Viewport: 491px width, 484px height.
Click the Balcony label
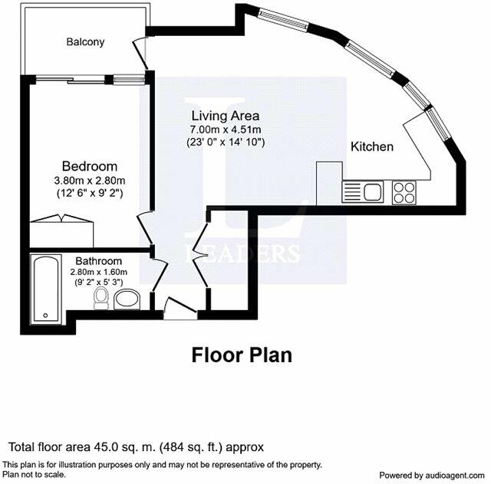click(x=84, y=41)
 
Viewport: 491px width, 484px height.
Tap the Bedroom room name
click(x=90, y=166)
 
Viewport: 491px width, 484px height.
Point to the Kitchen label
click(x=372, y=146)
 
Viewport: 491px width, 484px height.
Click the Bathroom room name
click(x=96, y=260)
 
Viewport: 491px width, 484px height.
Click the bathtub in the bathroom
click(x=45, y=288)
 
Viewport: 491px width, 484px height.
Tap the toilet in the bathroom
click(x=101, y=297)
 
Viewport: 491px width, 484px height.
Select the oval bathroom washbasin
click(x=127, y=298)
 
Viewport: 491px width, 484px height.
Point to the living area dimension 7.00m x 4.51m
click(x=226, y=129)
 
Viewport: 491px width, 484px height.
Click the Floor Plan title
click(x=241, y=355)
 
